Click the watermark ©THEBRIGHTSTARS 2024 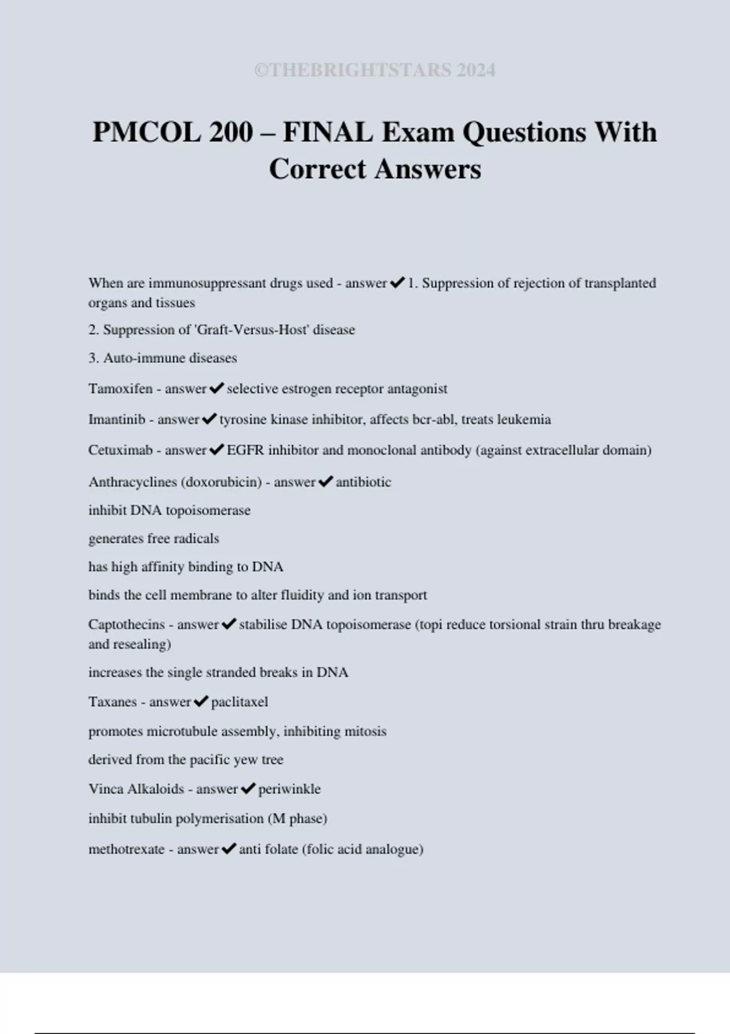(375, 71)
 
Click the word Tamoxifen (120, 389)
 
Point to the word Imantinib (117, 420)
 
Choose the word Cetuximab (120, 451)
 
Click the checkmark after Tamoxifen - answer (217, 388)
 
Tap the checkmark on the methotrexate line (229, 848)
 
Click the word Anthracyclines (133, 482)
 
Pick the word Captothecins (127, 625)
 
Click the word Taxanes (113, 702)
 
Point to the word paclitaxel (240, 702)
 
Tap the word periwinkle (290, 789)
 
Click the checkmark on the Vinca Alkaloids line (248, 788)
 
